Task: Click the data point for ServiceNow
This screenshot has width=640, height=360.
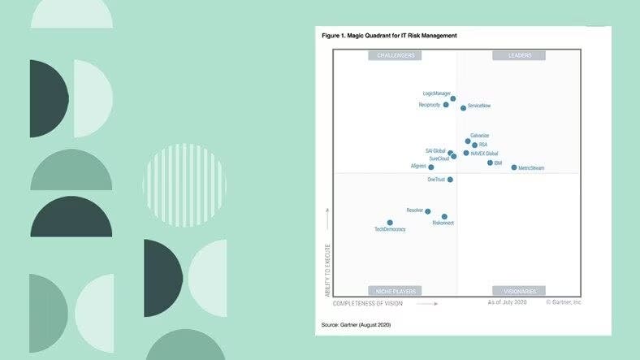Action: click(464, 107)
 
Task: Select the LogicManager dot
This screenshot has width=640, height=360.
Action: click(453, 98)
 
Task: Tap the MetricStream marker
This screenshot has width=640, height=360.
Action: click(514, 167)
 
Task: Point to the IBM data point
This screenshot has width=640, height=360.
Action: click(490, 163)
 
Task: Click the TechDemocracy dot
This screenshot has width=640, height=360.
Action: click(390, 222)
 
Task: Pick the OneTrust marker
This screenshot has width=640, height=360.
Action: click(450, 180)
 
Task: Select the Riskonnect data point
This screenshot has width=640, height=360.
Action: click(444, 216)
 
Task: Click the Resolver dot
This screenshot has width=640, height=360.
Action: click(428, 211)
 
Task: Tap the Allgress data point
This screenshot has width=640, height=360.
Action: click(431, 167)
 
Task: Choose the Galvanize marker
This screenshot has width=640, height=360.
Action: click(468, 141)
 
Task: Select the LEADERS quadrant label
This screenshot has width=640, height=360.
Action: click(520, 55)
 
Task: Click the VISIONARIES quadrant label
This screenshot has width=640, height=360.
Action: click(520, 290)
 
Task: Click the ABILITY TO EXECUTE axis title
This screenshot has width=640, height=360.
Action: click(327, 275)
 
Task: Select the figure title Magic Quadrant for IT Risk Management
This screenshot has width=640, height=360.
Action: click(389, 36)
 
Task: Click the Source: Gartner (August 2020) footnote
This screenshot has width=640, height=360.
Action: click(357, 324)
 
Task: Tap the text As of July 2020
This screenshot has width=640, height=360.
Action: click(508, 302)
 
